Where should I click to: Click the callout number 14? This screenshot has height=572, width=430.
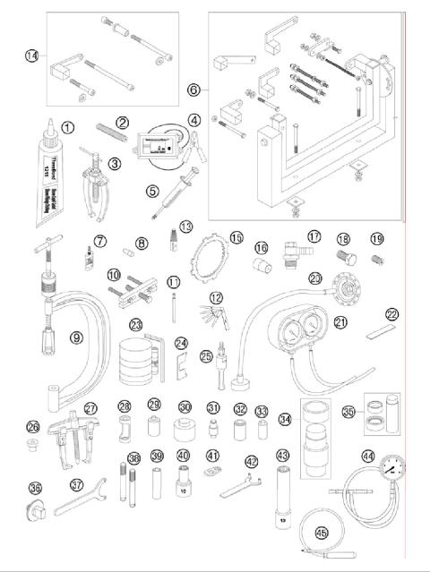(x=32, y=55)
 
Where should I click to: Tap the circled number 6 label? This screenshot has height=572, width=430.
(x=193, y=90)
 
